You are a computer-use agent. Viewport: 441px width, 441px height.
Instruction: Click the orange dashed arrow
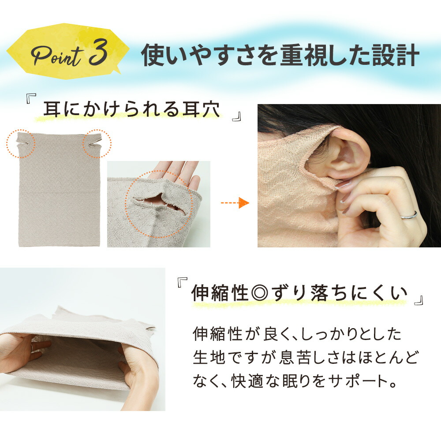pos(235,203)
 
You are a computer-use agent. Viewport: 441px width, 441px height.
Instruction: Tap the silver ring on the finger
pos(409,215)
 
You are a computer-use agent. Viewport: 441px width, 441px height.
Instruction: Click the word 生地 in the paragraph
pos(209,358)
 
